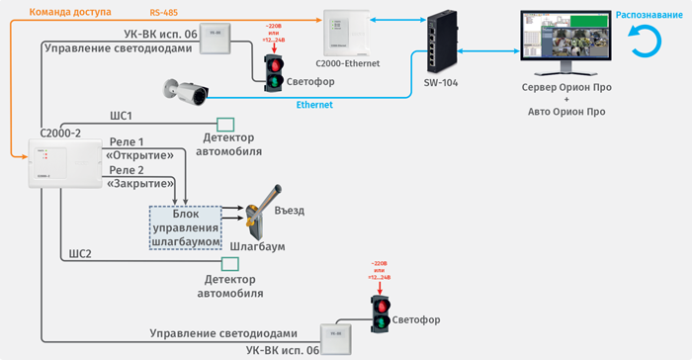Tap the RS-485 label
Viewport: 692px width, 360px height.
(165, 12)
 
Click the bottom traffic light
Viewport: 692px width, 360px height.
(380, 315)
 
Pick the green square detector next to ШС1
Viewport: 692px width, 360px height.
(225, 124)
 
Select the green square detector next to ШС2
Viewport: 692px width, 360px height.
(230, 264)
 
